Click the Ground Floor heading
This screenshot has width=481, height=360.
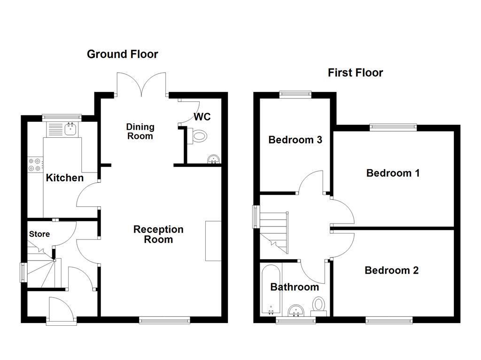[x=123, y=54]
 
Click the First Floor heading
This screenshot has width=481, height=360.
[x=355, y=73]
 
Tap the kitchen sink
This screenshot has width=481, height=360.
[x=70, y=128]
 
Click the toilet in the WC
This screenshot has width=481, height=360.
[x=198, y=136]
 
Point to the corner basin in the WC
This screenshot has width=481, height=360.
[x=214, y=159]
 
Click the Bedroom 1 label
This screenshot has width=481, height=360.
[x=393, y=173]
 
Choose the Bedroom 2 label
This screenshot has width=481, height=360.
[x=391, y=270]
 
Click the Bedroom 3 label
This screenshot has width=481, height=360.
[x=295, y=140]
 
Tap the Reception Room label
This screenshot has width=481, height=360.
[x=158, y=234]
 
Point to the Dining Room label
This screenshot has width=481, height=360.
[x=140, y=131]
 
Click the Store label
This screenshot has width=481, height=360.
[x=39, y=234]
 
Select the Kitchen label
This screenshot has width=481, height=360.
[x=65, y=178]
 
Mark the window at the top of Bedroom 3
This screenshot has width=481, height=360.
[x=295, y=94]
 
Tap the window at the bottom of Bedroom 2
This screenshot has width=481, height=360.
[x=389, y=321]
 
